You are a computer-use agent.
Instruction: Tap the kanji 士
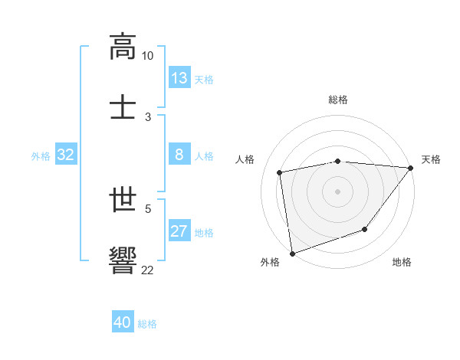pyautogui.click(x=123, y=106)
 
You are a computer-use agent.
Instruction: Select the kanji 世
pyautogui.click(x=123, y=200)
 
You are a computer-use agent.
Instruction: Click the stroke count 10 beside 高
pyautogui.click(x=148, y=56)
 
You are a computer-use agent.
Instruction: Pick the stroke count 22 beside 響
pyautogui.click(x=148, y=270)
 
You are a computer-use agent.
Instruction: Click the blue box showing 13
pyautogui.click(x=179, y=77)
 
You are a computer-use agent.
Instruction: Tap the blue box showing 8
pyautogui.click(x=179, y=155)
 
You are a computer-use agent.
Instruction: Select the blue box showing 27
pyautogui.click(x=179, y=231)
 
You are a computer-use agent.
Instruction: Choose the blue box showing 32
pyautogui.click(x=66, y=155)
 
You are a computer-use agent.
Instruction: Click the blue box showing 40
pyautogui.click(x=123, y=322)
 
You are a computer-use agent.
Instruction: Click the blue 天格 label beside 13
pyautogui.click(x=204, y=78)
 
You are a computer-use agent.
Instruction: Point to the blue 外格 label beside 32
pyautogui.click(x=41, y=155)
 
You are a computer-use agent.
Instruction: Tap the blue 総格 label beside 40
pyautogui.click(x=147, y=323)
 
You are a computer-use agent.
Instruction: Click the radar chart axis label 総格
pyautogui.click(x=338, y=100)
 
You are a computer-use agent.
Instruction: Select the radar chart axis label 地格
pyautogui.click(x=402, y=263)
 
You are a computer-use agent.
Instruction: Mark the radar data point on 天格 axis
pyautogui.click(x=410, y=168)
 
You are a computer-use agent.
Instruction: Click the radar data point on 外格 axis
pyautogui.click(x=292, y=253)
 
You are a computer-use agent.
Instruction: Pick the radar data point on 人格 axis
pyautogui.click(x=280, y=172)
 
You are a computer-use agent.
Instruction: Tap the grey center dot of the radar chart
pyautogui.click(x=337, y=191)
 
